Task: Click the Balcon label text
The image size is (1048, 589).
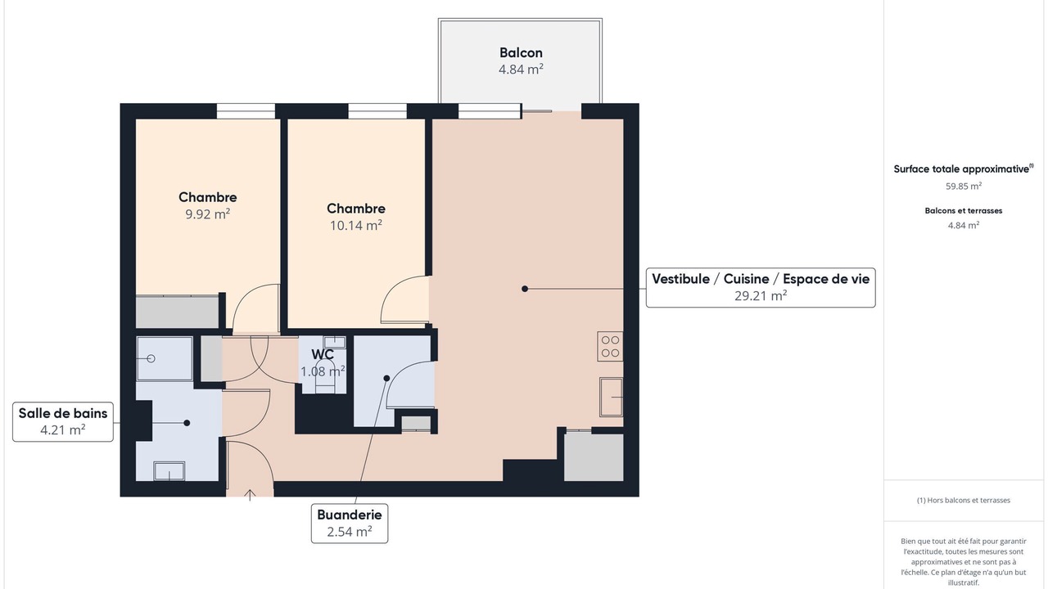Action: pos(521,52)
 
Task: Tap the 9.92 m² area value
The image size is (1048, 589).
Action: pos(208,214)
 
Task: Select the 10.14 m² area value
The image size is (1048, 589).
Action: pos(356,225)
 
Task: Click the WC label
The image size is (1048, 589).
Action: pos(323,354)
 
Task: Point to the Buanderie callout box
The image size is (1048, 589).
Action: pos(350,523)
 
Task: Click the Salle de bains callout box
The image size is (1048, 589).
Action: pos(63,421)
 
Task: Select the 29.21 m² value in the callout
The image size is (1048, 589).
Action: pos(761,295)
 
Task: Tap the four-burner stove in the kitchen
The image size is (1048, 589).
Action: pos(610,346)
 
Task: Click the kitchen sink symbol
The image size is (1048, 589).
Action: pos(612,397)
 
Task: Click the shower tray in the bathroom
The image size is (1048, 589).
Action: pos(165,359)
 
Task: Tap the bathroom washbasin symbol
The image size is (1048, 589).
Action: pos(169,470)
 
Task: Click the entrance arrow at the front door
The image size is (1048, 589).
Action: pos(250,495)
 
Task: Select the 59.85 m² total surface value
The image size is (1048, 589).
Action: pos(964,186)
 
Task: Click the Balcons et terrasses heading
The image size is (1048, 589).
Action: pos(964,211)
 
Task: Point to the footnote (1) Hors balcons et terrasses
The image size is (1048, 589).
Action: pos(964,500)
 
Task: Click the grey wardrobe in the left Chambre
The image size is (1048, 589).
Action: pos(178,312)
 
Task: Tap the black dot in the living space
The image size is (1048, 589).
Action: pos(525,289)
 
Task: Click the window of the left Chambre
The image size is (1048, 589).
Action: pos(246,111)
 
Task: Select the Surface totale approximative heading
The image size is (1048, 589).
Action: pos(964,169)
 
